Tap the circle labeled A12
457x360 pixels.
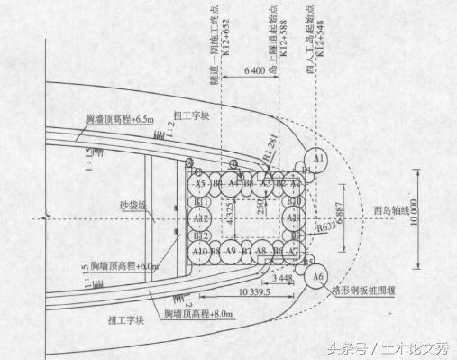click(202, 218)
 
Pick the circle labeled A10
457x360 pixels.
click(200, 251)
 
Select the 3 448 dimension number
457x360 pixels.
click(282, 281)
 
